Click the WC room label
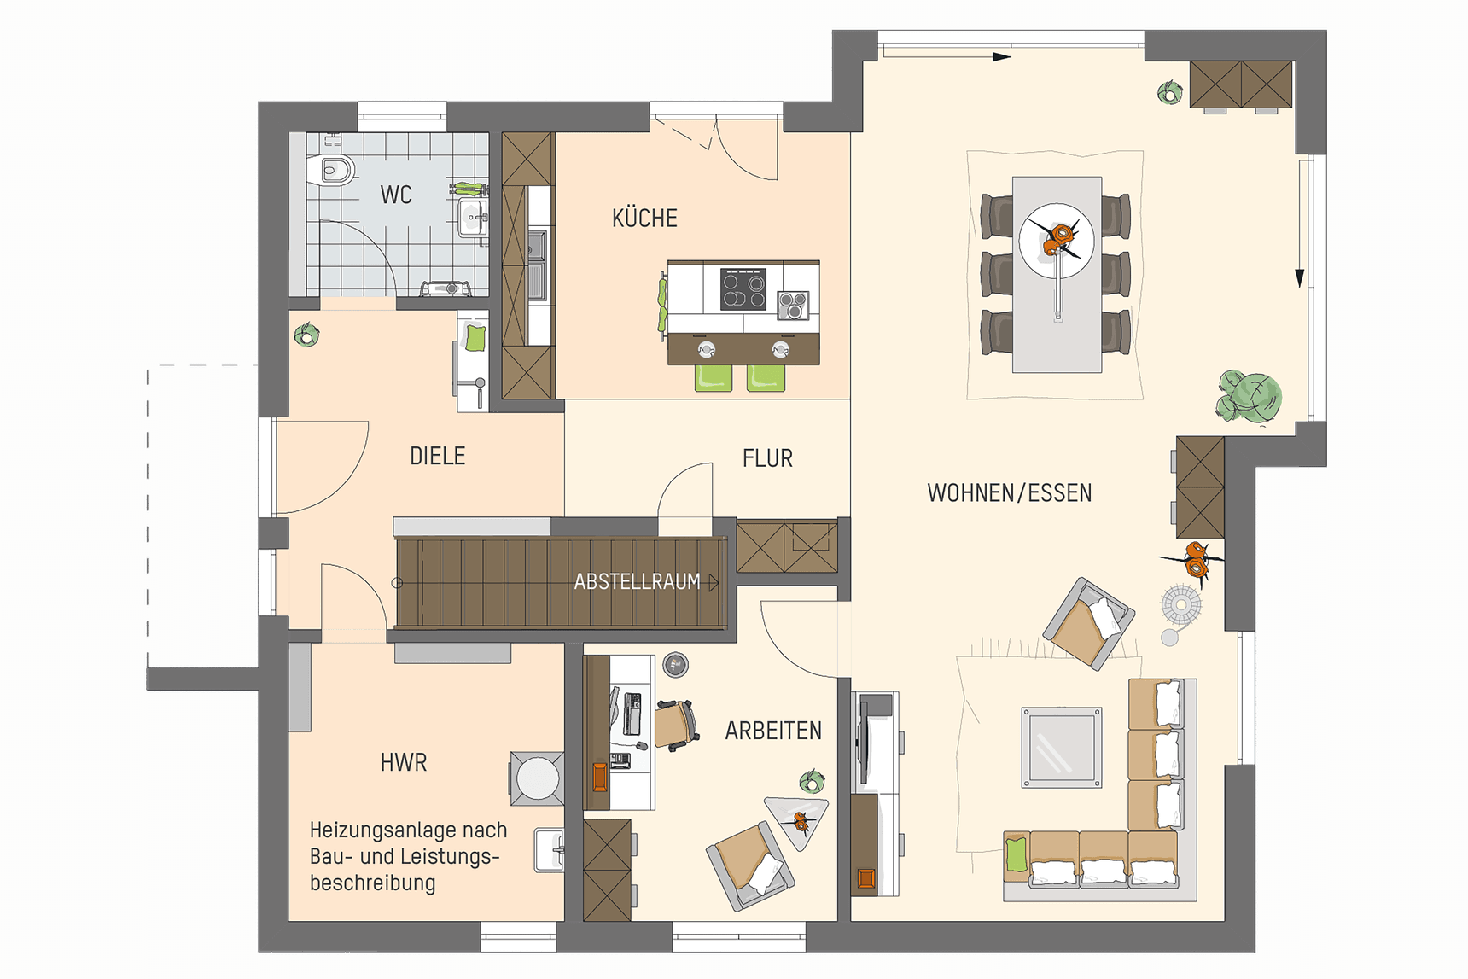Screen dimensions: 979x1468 pos(396,195)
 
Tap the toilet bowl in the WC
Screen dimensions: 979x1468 pos(335,170)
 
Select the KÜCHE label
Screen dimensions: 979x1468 pos(644,219)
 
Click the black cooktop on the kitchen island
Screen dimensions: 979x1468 pos(743,288)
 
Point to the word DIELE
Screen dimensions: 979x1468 pos(437,456)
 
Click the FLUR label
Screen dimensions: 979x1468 pos(767,458)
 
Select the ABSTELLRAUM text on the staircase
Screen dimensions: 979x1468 pos(637,582)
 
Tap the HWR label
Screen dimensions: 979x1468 pos(404,762)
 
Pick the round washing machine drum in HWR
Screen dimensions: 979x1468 pos(538,778)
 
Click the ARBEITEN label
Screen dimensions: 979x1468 pos(773,731)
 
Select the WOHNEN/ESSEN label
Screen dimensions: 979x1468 pos(1009,493)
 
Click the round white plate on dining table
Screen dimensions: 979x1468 pos(1057,241)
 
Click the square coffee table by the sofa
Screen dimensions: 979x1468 pos(1062,747)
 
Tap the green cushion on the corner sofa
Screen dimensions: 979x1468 pos(1016,854)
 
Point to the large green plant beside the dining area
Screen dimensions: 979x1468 pos(1250,396)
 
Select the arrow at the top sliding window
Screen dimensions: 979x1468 pos(1001,57)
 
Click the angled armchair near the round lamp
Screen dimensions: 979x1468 pos(1088,623)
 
